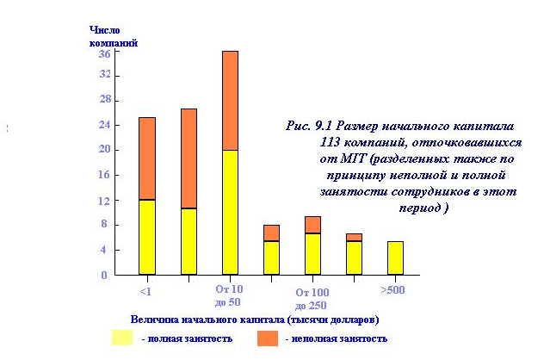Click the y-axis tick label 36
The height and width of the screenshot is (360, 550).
(104, 53)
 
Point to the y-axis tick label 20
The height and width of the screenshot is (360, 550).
(104, 149)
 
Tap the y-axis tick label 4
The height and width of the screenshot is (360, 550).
(104, 250)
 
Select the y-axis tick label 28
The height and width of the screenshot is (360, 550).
(104, 99)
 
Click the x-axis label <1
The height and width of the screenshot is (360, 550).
(147, 290)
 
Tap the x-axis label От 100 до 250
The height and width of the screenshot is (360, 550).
(312, 299)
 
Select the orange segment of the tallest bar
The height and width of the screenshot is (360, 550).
(230, 100)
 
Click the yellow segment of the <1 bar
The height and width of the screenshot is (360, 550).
(147, 237)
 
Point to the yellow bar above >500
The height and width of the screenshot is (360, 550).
(394, 258)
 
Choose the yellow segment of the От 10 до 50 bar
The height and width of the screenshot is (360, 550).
(230, 212)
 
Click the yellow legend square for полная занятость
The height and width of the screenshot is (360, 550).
(121, 338)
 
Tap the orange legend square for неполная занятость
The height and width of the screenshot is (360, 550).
(267, 338)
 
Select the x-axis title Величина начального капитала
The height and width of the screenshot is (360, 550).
(254, 320)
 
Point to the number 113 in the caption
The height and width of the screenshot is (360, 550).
(331, 141)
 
